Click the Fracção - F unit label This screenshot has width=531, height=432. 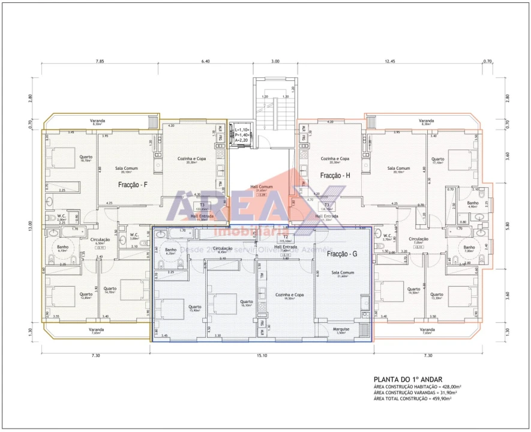pyautogui.click(x=133, y=185)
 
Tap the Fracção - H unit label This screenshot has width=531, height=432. pyautogui.click(x=335, y=175)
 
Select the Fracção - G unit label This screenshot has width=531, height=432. pyautogui.click(x=342, y=254)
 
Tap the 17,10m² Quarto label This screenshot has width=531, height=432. pyautogui.click(x=437, y=160)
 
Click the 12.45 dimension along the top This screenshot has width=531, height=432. pyautogui.click(x=390, y=61)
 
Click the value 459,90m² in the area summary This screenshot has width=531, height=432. pyautogui.click(x=448, y=398)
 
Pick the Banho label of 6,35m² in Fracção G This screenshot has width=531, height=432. pyautogui.click(x=170, y=251)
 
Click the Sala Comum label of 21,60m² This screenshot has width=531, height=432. pyautogui.click(x=343, y=274)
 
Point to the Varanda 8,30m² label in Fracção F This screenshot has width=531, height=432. pyautogui.click(x=97, y=122)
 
